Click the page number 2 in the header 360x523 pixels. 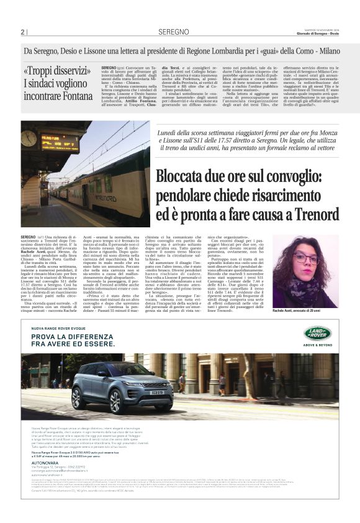coord(22,32)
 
